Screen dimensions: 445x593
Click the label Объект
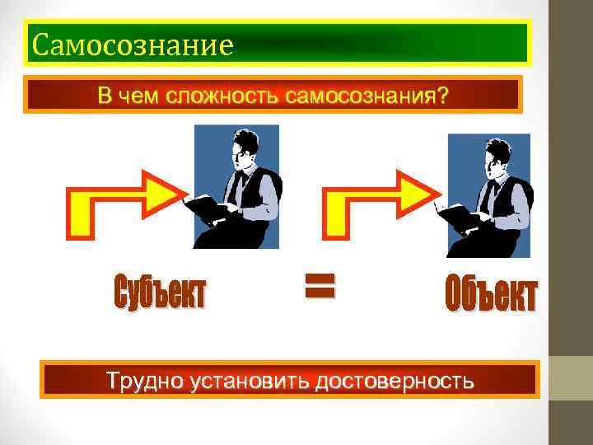[491, 296]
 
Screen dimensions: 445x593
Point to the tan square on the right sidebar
[572, 377]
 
